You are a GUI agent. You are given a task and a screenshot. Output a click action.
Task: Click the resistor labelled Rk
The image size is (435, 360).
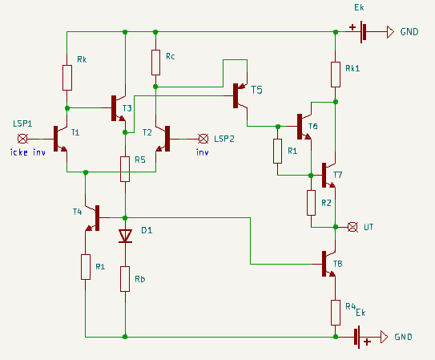pos(67,78)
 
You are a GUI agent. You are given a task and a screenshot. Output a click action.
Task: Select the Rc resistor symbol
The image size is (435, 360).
pos(155,63)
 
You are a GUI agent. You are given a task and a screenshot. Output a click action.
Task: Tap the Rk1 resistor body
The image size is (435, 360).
pos(336,75)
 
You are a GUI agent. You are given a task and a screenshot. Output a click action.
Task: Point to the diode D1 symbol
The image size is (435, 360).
pos(125,237)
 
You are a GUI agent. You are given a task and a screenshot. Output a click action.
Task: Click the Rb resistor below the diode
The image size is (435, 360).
pos(125,279)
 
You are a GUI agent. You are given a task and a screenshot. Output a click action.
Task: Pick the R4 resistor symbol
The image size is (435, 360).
pos(336,313)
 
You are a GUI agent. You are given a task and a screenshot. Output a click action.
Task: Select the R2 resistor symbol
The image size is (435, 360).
pos(311,203)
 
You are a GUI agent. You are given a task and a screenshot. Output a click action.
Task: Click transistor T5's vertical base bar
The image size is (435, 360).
pos(236,95)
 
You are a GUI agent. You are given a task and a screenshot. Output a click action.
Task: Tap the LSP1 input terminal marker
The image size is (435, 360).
pos(22,139)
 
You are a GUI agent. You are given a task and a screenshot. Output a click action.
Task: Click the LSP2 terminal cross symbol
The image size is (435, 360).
pos(203,139)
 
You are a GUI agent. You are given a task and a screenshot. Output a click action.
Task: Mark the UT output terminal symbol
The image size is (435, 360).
pos(352,227)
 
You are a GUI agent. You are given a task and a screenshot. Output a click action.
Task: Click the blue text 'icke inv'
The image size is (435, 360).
pos(28,152)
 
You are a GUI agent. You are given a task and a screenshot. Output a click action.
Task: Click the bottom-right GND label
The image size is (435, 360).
pos(403,337)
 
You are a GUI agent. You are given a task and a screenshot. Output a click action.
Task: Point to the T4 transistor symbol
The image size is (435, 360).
pos(92,218)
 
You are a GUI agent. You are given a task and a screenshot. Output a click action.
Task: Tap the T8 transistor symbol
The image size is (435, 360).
pos(328,264)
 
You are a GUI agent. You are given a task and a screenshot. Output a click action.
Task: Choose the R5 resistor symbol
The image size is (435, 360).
pos(125,169)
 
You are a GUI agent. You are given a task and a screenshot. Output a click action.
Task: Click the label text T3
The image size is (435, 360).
pos(127,108)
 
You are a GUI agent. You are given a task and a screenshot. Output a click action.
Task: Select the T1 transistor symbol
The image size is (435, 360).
pos(60,139)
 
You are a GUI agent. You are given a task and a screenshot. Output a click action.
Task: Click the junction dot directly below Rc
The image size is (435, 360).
pos(155,87)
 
